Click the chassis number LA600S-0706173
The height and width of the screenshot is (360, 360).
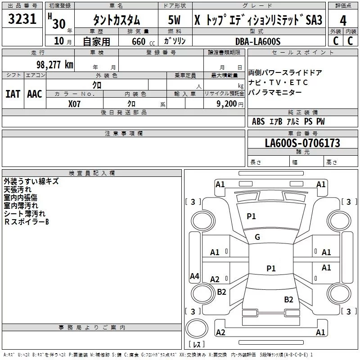click(302, 144)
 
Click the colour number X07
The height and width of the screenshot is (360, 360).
click(74, 103)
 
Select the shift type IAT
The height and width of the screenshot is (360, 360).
click(13, 94)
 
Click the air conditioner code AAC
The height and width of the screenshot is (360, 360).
click(35, 94)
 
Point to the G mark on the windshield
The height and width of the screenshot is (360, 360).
click(257, 237)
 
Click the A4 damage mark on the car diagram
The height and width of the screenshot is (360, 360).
click(194, 276)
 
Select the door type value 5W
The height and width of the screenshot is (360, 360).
click(174, 20)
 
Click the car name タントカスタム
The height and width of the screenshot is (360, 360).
click(117, 21)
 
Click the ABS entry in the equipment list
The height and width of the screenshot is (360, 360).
click(258, 121)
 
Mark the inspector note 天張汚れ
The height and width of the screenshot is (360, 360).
click(18, 189)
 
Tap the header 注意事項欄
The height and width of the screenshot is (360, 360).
click(123, 134)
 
